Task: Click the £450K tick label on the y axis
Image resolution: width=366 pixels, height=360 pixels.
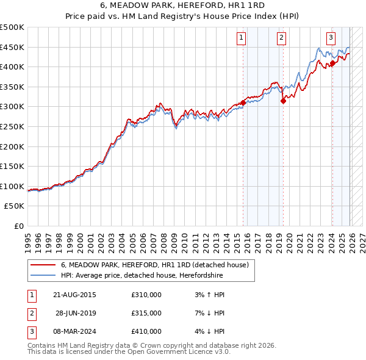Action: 12,47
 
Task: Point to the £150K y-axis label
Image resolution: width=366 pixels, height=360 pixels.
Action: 12,166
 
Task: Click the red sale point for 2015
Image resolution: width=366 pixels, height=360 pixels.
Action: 243,103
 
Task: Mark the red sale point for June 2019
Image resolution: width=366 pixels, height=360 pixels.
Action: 283,101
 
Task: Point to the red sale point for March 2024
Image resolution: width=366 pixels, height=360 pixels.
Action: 332,63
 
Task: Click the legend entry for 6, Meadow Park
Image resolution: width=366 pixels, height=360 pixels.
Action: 154,265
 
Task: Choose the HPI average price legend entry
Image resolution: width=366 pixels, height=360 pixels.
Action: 142,276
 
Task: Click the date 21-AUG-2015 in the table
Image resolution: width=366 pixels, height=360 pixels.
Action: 74,295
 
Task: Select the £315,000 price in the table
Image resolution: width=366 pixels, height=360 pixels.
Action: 146,313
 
